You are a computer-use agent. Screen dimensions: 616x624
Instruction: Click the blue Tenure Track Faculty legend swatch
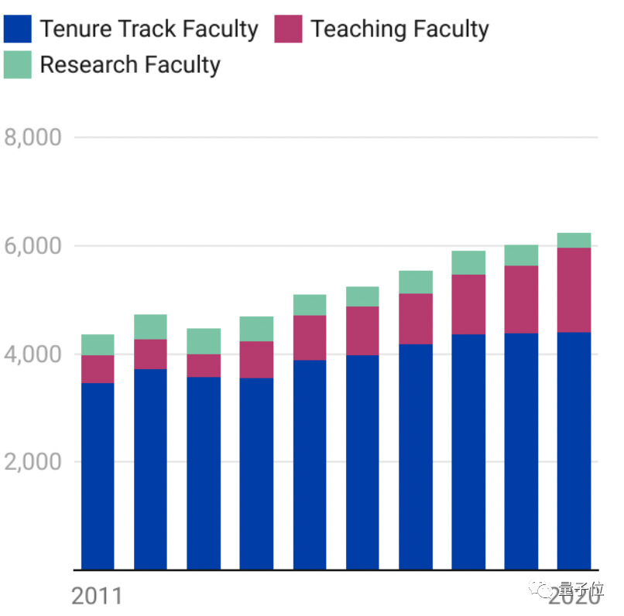pos(17,29)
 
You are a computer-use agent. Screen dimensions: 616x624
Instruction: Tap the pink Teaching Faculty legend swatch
pos(288,29)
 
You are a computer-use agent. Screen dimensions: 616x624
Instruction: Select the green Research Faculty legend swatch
pos(17,64)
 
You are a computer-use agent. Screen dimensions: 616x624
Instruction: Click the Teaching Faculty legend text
pos(399,29)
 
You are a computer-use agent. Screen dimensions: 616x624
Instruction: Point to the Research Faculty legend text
pos(130,65)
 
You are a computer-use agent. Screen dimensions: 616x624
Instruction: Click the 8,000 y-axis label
pos(33,138)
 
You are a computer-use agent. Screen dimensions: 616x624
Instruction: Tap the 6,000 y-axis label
pos(33,246)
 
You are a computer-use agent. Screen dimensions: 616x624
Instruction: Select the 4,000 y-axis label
pos(33,354)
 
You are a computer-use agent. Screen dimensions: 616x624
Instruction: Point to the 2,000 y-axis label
pos(33,462)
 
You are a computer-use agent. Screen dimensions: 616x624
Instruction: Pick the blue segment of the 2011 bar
pos(98,476)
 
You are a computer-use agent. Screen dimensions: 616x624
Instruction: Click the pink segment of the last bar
pos(574,289)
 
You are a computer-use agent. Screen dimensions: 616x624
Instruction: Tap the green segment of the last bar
pos(574,240)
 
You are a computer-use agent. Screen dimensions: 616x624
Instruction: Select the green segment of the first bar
pos(98,344)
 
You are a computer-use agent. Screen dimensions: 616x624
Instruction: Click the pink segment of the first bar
pos(98,369)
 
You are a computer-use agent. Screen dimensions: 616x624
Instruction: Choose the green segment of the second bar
pos(150,327)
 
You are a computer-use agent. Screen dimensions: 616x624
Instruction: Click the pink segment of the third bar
pos(204,365)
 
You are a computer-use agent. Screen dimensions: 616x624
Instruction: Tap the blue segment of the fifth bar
pos(309,464)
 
